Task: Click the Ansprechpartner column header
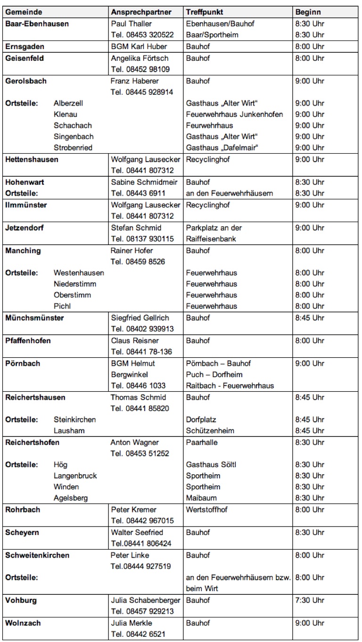141,12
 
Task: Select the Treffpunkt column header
205,12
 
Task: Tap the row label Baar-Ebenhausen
37,24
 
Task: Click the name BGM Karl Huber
139,46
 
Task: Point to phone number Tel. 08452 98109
140,69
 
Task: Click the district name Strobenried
73,148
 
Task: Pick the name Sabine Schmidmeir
141,182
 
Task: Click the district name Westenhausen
79,273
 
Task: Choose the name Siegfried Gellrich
140,318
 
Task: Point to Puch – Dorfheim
214,375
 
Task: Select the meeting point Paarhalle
202,443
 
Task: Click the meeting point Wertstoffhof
206,510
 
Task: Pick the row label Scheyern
22,533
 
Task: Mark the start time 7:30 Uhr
310,601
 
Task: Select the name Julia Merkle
132,623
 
